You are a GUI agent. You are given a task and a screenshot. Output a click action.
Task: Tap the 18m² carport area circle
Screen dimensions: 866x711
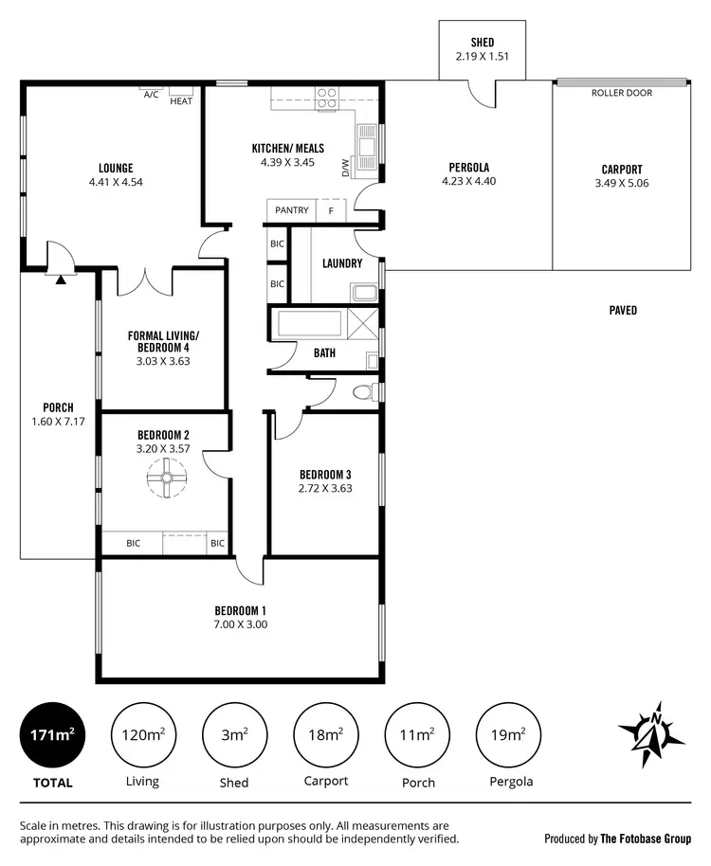coord(326,735)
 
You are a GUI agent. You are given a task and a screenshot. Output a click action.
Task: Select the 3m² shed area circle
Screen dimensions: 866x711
coord(234,735)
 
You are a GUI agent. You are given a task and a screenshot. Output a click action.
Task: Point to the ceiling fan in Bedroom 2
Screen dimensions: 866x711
coord(165,478)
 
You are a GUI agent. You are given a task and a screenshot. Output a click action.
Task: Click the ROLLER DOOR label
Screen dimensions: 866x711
coord(621,93)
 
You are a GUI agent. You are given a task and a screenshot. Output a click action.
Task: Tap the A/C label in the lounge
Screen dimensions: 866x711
coord(151,95)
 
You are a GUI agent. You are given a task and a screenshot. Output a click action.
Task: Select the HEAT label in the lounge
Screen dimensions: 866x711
coord(180,100)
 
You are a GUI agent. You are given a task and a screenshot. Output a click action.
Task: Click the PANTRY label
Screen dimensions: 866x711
coord(292,210)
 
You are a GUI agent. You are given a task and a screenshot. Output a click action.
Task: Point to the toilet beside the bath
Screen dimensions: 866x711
coord(363,392)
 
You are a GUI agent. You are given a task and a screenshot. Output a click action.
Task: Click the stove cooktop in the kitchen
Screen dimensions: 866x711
coord(327,98)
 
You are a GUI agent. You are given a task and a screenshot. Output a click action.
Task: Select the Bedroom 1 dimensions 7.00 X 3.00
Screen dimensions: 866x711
coord(240,624)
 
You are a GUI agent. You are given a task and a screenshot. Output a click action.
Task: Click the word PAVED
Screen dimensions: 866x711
coord(623,310)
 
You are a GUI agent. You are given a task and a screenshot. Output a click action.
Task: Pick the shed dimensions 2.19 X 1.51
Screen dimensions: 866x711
coord(482,57)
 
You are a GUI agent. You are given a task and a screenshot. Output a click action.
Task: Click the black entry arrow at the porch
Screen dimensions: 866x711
coord(61,279)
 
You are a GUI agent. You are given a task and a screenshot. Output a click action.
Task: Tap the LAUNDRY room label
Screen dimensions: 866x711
coord(342,263)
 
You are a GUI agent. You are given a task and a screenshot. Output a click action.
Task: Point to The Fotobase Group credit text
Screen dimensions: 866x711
coord(617,839)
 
